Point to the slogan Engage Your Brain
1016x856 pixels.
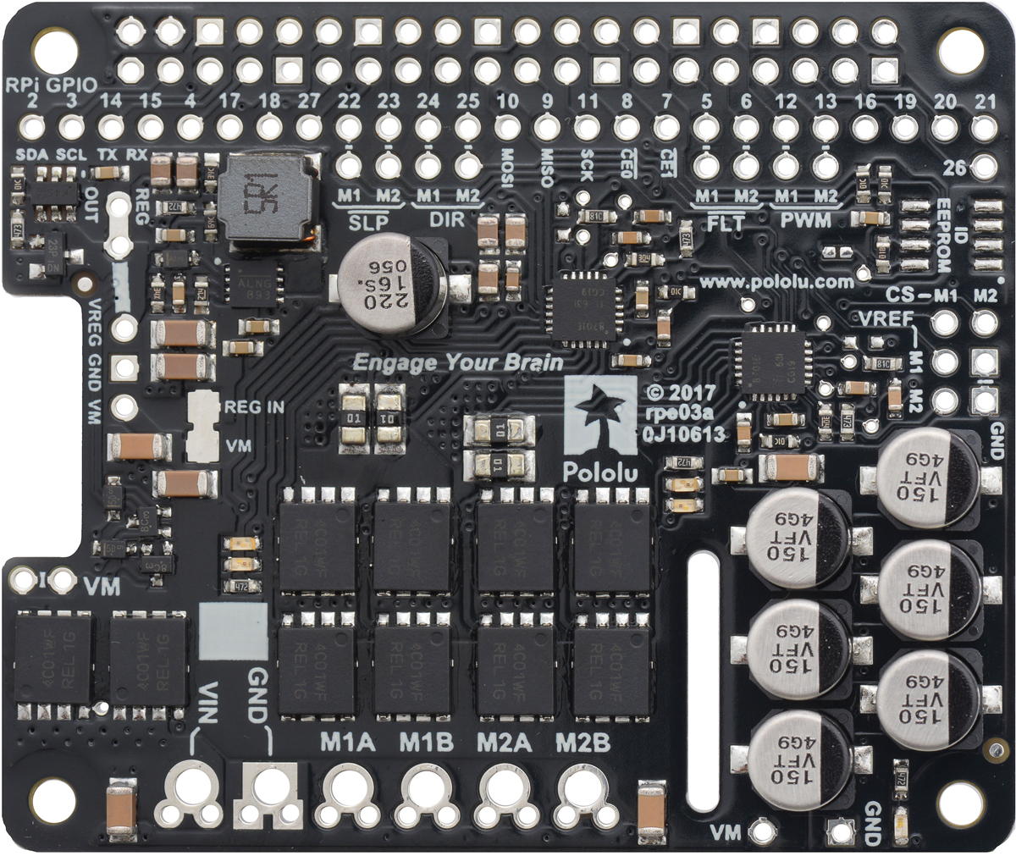[x=457, y=363]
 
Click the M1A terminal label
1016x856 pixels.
[x=347, y=743]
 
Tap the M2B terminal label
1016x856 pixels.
[x=583, y=743]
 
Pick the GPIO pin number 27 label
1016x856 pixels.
[x=309, y=102]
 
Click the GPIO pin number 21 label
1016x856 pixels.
[x=985, y=102]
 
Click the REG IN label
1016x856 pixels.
[x=254, y=407]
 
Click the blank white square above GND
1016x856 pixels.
[x=231, y=631]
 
